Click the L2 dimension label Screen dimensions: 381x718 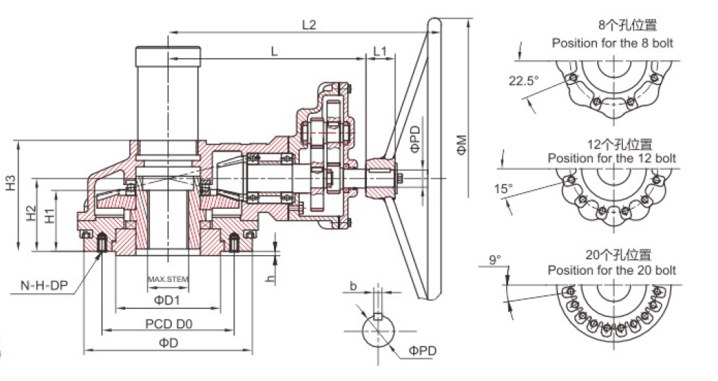coord(308,25)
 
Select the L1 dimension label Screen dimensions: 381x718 coord(380,51)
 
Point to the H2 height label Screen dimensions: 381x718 coord(30,214)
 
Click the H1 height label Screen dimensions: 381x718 coord(49,217)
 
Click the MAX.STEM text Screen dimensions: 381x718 coord(168,279)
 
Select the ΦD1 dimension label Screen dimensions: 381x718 coord(168,300)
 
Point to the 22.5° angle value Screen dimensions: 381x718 coord(523,80)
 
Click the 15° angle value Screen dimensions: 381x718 coord(502,189)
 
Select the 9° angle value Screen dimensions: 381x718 coord(495,260)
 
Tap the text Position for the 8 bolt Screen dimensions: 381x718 coord(612,43)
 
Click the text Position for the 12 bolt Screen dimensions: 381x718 coord(612,157)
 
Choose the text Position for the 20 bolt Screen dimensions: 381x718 coord(612,270)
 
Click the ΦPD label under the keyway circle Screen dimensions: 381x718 coord(422,351)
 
